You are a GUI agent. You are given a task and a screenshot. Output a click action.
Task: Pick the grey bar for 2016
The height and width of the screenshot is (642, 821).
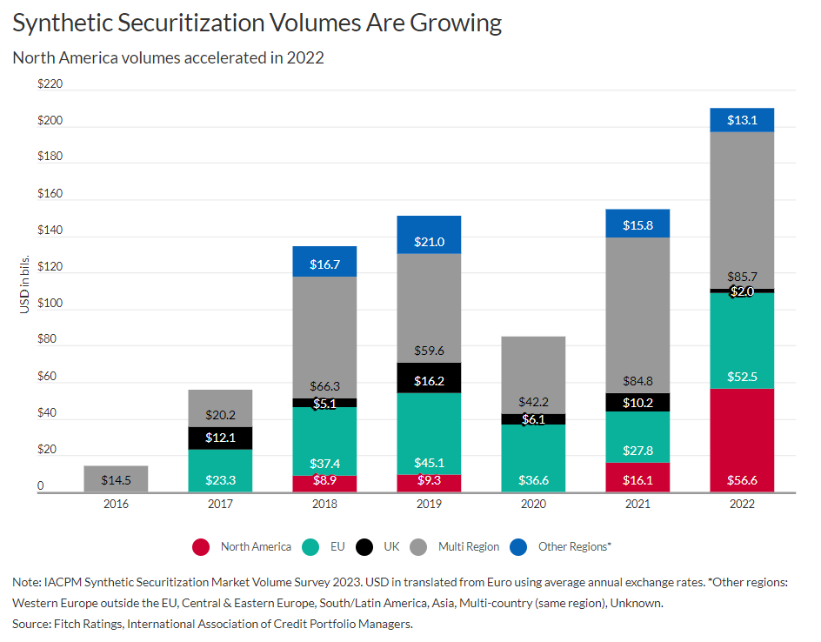click(116, 478)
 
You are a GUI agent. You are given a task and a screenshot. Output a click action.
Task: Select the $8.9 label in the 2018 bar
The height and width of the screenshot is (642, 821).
click(325, 484)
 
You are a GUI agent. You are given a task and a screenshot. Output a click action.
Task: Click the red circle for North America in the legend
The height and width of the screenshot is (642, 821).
click(201, 546)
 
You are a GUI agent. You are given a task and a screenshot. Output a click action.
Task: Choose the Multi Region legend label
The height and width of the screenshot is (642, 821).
click(469, 546)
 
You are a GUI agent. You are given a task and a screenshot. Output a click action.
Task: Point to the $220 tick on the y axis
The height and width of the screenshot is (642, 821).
click(50, 84)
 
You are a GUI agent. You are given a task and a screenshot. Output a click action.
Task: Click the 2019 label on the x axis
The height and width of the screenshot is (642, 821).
click(428, 505)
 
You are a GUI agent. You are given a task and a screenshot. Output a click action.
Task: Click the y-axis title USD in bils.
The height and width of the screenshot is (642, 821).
click(25, 286)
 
